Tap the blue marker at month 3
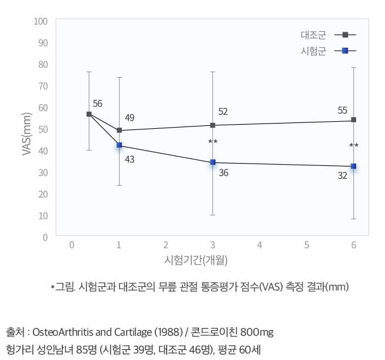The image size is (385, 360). [213, 162]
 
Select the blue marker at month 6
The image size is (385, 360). [353, 166]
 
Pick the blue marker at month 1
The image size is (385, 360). [119, 145]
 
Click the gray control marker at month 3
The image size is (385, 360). [213, 125]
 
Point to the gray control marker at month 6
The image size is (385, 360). [353, 119]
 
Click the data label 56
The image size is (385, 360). [97, 104]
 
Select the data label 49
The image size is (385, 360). [130, 118]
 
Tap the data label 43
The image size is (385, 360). [130, 159]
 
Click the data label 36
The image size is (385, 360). [223, 174]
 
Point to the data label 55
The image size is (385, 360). [343, 110]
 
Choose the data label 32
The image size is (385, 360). [343, 175]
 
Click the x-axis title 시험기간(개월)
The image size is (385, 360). [192, 259]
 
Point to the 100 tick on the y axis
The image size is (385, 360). [41, 21]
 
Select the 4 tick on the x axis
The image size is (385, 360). [259, 245]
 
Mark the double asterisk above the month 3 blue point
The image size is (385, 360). [213, 142]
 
